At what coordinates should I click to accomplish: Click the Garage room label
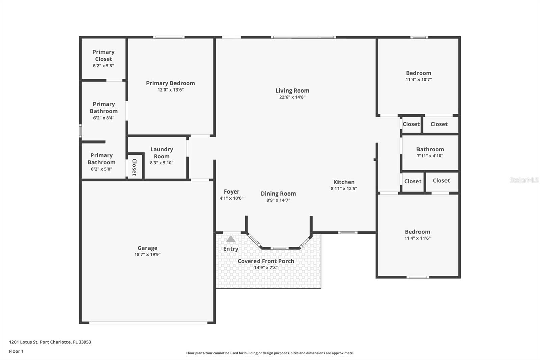pyautogui.click(x=147, y=248)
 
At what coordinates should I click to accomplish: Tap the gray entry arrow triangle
pyautogui.click(x=231, y=239)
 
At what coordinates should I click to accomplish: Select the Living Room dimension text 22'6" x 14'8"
pyautogui.click(x=292, y=97)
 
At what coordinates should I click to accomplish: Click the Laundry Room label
pyautogui.click(x=162, y=153)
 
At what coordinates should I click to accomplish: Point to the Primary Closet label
pyautogui.click(x=103, y=55)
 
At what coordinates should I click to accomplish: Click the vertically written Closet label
pyautogui.click(x=134, y=167)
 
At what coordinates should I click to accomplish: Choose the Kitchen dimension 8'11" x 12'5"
pyautogui.click(x=344, y=189)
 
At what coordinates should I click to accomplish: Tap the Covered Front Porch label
pyautogui.click(x=266, y=261)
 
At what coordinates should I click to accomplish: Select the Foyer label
pyautogui.click(x=232, y=191)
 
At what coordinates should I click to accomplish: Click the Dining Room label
pyautogui.click(x=278, y=194)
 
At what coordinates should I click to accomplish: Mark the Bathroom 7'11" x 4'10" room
pyautogui.click(x=430, y=152)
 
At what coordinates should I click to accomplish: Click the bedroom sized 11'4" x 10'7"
pyautogui.click(x=418, y=76)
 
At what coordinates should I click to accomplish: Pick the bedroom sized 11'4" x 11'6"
pyautogui.click(x=417, y=235)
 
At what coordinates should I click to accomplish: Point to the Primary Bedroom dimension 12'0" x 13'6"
pyautogui.click(x=170, y=90)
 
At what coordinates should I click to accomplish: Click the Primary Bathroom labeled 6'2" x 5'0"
pyautogui.click(x=102, y=162)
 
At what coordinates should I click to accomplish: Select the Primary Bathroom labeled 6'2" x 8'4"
pyautogui.click(x=104, y=110)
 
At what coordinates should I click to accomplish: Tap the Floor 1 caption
pyautogui.click(x=16, y=351)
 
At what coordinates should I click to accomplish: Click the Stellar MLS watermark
pyautogui.click(x=524, y=180)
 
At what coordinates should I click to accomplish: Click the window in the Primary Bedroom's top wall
pyautogui.click(x=169, y=37)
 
